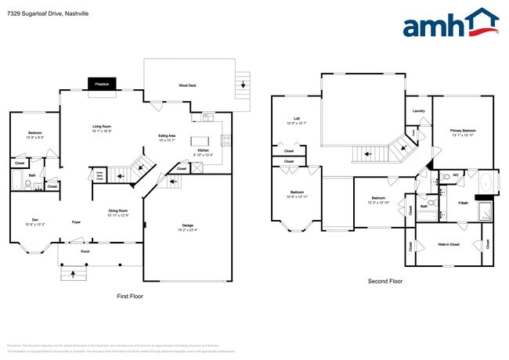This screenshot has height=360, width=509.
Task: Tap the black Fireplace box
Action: tap(102, 83)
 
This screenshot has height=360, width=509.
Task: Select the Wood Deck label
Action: tap(187, 85)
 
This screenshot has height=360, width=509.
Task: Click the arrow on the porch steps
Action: tap(74, 274)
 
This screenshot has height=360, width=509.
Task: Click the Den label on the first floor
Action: tap(35, 221)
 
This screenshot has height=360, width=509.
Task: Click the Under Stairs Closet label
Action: tap(99, 176)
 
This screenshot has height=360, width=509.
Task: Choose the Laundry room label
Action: tap(418, 111)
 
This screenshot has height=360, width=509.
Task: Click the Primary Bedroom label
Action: tap(462, 131)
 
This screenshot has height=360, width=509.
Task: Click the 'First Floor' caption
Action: tap(129, 297)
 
